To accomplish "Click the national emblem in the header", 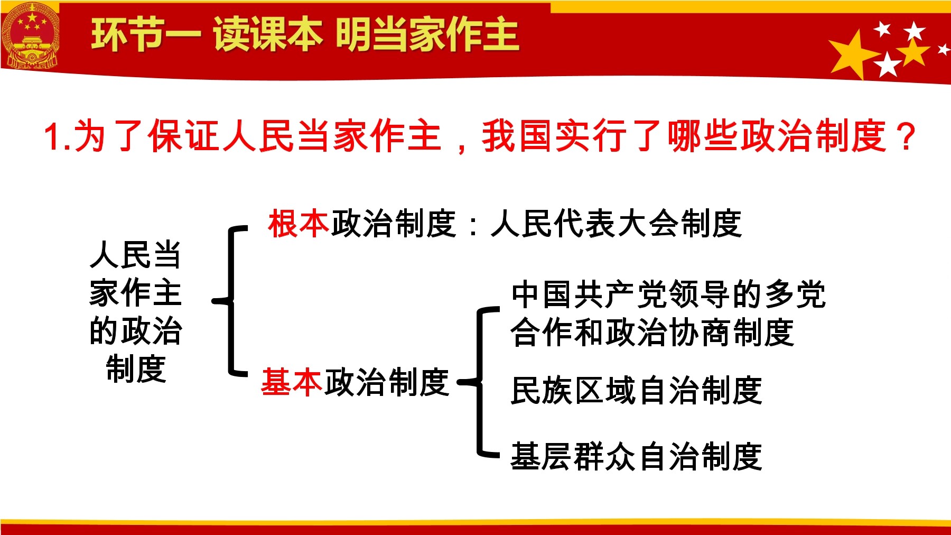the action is click(30, 36).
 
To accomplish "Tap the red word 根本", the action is click(299, 224).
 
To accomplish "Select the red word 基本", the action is click(292, 382).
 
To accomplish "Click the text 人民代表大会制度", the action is click(616, 224).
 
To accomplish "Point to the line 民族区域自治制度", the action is click(636, 391).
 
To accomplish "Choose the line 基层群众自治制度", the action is click(636, 456).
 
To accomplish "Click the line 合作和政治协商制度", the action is click(652, 333).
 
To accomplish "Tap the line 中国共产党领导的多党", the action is click(668, 294).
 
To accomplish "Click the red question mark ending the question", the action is click(907, 136).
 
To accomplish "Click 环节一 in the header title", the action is click(146, 35).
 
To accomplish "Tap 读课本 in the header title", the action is click(268, 35).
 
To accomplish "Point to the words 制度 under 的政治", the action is click(136, 369).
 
